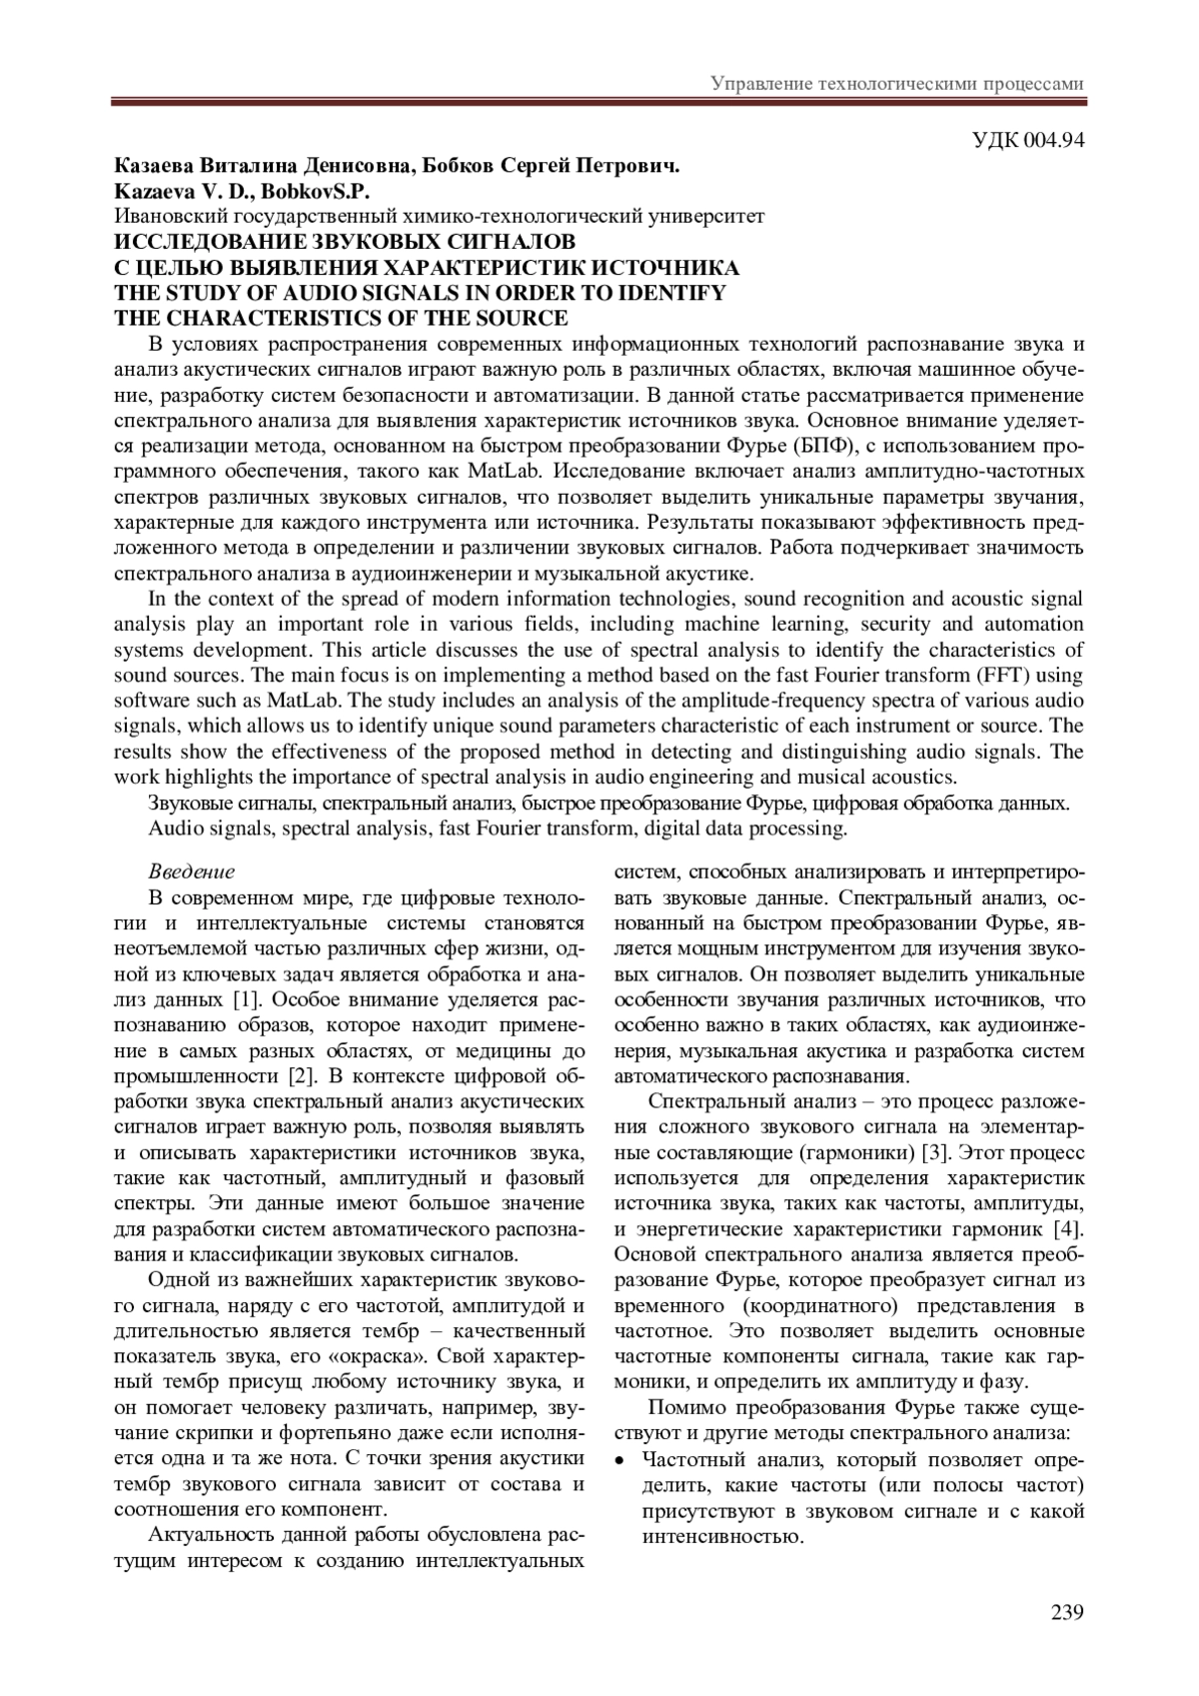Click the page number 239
pyautogui.click(x=1067, y=1611)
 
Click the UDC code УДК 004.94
pyautogui.click(x=1028, y=139)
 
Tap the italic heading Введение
pyautogui.click(x=191, y=871)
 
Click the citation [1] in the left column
pyautogui.click(x=246, y=999)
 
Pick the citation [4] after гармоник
pyautogui.click(x=1068, y=1228)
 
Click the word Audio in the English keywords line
pyautogui.click(x=176, y=829)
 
